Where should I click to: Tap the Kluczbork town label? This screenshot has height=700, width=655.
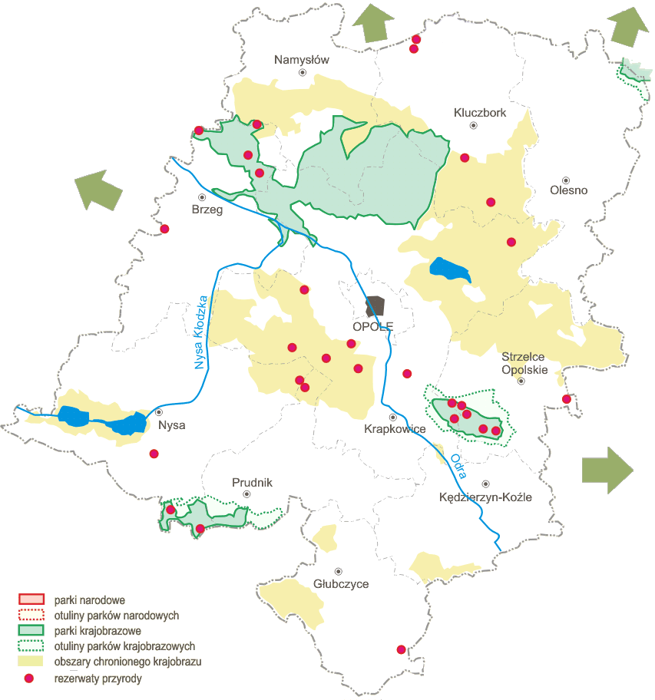480,113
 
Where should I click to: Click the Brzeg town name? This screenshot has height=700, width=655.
207,210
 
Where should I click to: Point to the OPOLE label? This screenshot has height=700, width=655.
372,326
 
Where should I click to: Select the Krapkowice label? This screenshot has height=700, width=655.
395,429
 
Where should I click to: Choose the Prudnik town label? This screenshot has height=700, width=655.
252,483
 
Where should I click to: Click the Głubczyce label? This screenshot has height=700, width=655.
341,584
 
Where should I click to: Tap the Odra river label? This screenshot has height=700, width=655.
458,466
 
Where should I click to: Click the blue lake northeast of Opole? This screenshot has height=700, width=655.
450,269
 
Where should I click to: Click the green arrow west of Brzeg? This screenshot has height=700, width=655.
98,190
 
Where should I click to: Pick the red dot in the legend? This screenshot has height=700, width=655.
30,679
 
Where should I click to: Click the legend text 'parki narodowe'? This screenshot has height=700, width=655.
90,599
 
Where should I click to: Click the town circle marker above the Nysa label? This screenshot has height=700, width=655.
159,412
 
